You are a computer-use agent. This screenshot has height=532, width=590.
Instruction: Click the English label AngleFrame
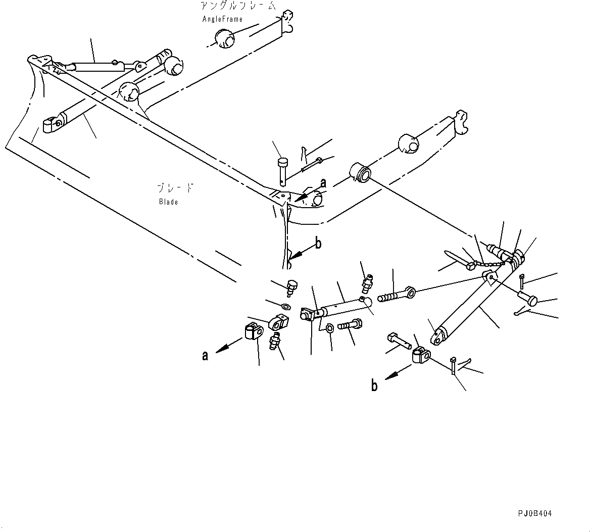[222, 19]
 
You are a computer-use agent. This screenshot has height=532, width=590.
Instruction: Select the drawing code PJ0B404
[534, 513]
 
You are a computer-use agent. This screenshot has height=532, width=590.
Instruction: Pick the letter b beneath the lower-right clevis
[374, 385]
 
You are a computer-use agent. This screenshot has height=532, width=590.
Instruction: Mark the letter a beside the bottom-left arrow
[205, 356]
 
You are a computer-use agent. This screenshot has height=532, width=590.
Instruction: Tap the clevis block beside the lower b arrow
[419, 356]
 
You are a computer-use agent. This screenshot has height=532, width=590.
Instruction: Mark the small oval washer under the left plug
[285, 306]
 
